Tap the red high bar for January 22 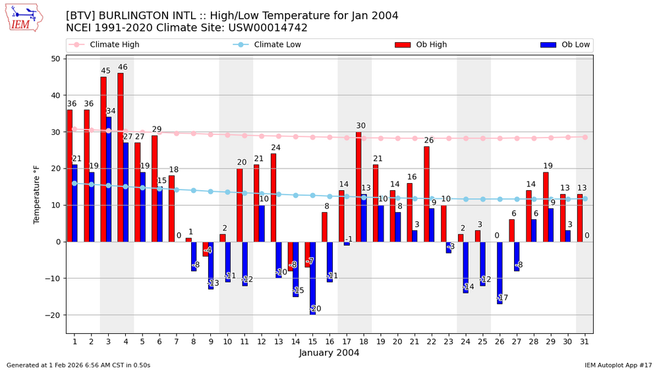point(426,194)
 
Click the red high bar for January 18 point(358,186)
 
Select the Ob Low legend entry point(565,45)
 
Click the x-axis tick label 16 point(329,341)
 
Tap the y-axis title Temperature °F point(38,194)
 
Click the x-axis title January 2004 point(329,354)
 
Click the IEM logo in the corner point(24,18)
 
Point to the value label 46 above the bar point(123,67)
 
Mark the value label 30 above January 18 point(360,126)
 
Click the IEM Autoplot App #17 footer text point(617,365)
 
